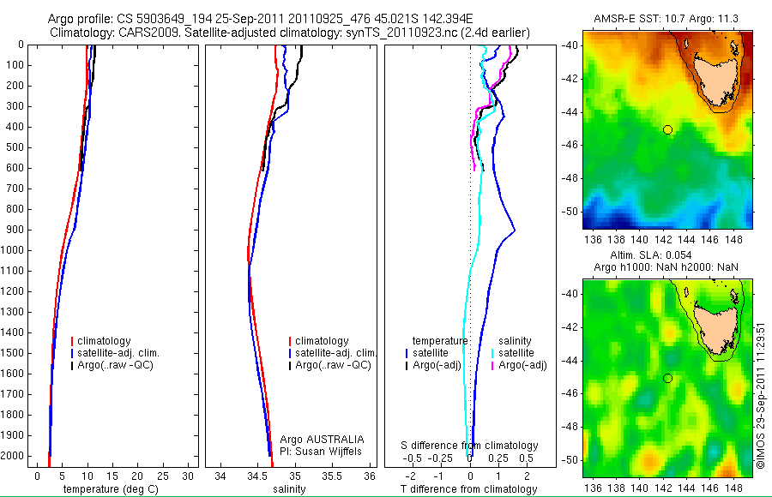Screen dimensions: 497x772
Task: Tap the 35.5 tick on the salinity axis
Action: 333,476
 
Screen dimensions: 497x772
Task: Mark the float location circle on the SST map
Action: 667,129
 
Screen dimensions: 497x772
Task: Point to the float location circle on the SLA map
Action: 667,379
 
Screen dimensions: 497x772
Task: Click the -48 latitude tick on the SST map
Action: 571,178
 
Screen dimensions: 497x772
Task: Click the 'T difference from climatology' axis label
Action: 470,489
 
